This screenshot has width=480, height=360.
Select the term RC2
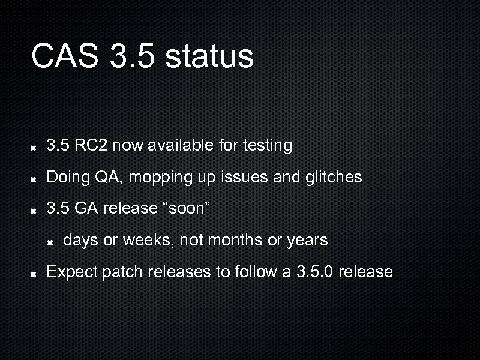(x=91, y=145)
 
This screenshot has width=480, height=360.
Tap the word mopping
(x=157, y=178)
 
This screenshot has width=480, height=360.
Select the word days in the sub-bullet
(x=80, y=241)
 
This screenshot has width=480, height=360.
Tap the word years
(x=307, y=241)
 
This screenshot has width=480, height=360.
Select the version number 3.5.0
(x=316, y=272)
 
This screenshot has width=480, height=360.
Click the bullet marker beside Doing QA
(x=35, y=178)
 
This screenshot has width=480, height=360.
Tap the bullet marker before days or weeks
(x=52, y=242)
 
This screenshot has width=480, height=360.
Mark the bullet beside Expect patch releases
(x=35, y=273)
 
